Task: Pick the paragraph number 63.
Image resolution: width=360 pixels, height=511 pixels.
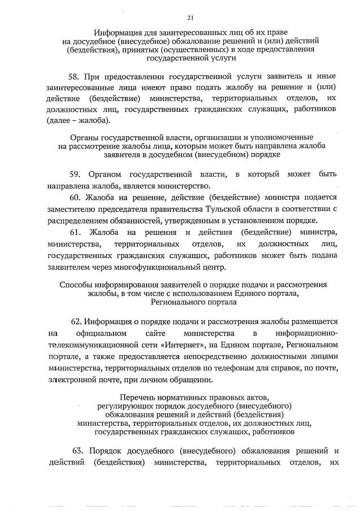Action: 79,451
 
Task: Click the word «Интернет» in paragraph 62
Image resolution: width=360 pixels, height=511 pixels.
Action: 176,344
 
